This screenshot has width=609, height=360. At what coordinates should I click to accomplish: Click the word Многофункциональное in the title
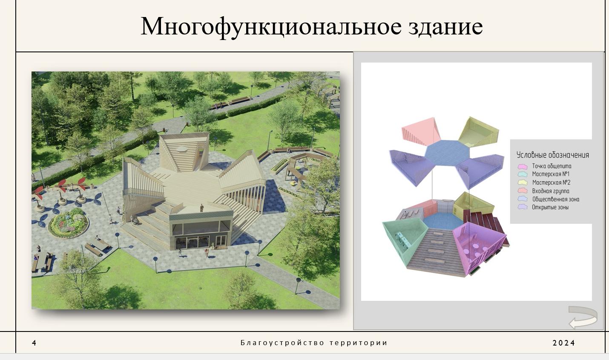pos(271,27)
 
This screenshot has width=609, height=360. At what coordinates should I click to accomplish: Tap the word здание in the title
pos(445,27)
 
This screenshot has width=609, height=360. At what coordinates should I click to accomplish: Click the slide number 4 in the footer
pos(34,343)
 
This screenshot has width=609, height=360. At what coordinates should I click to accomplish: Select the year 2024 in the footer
pos(564,343)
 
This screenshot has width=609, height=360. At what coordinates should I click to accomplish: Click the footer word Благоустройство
pos(282,343)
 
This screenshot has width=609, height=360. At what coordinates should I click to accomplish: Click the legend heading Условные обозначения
pos(552,155)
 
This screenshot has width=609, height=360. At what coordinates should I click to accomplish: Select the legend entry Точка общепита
pos(552,166)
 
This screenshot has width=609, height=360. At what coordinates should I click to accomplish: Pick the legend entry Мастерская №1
pos(551,174)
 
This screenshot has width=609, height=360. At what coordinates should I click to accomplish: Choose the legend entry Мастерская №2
pos(551,182)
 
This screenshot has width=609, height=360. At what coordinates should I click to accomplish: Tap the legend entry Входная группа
pos(551,191)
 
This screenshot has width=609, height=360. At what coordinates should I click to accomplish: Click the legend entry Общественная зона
pos(555,199)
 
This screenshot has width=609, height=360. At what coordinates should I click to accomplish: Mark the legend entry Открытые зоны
pos(550,207)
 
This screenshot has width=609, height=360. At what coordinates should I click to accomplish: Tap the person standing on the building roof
pos(202,208)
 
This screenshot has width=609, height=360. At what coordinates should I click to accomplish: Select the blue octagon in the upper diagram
pos(447,153)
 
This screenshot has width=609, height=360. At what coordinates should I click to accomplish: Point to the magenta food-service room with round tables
pos(477,246)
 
